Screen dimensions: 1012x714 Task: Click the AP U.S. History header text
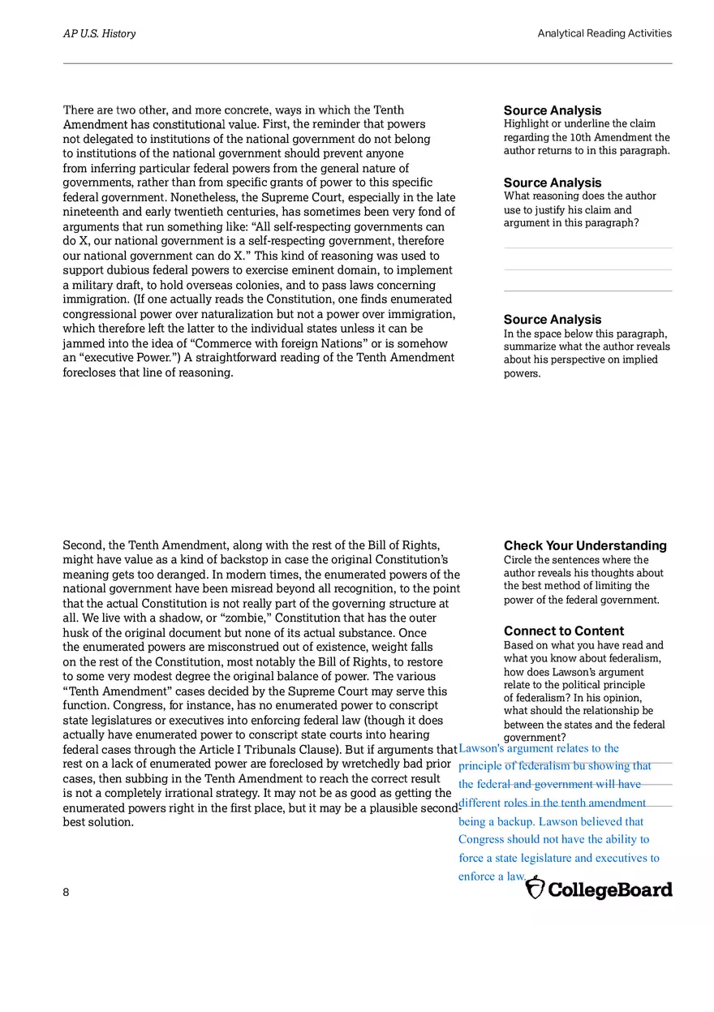pos(99,33)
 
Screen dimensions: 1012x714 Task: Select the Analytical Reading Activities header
pos(604,33)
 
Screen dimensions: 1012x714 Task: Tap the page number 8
pos(66,892)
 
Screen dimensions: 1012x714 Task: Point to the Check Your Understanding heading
pos(584,545)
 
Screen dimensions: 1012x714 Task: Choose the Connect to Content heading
pos(563,631)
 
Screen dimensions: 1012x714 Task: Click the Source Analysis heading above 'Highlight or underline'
pos(552,110)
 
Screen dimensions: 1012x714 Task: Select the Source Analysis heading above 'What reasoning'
pos(552,183)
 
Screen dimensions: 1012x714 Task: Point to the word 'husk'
pos(76,633)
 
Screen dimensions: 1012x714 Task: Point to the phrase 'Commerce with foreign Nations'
pos(278,343)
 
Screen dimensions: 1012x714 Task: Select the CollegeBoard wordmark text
pos(610,889)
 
